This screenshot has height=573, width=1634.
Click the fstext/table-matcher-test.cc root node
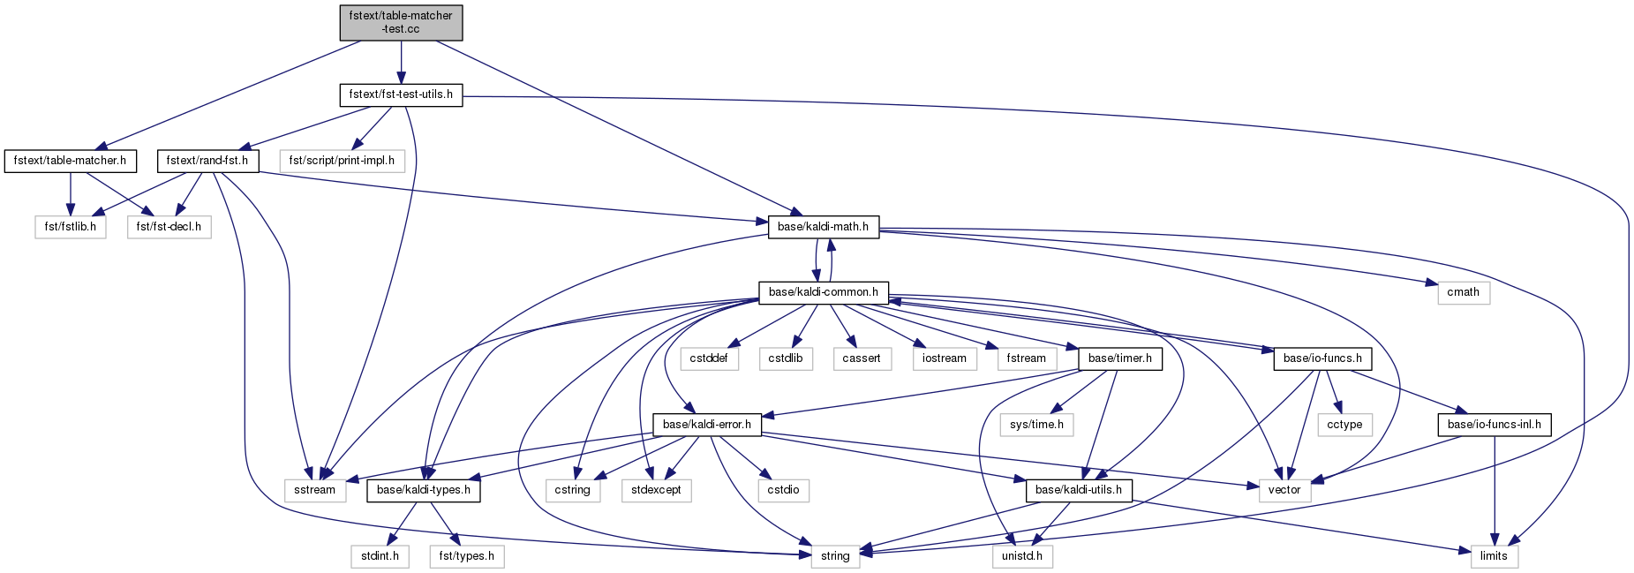click(x=401, y=22)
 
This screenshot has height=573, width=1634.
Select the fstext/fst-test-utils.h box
click(x=401, y=94)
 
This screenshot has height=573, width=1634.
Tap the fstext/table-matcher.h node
click(x=71, y=161)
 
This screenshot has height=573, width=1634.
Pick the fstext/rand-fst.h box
click(x=208, y=161)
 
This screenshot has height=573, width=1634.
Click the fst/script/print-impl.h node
click(x=343, y=161)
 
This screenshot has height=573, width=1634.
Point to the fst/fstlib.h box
click(x=71, y=227)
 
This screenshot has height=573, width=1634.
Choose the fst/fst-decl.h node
click(x=169, y=227)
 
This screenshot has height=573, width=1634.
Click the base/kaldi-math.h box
click(x=823, y=227)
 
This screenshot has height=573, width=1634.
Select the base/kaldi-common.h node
click(x=823, y=292)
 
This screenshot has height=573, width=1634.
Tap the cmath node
click(x=1463, y=292)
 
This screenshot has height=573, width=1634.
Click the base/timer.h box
click(x=1120, y=358)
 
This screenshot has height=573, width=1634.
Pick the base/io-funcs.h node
click(x=1322, y=358)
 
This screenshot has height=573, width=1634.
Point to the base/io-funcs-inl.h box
click(x=1494, y=425)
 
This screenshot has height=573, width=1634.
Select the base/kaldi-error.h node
click(x=706, y=425)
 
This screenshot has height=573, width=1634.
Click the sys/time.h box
click(x=1036, y=425)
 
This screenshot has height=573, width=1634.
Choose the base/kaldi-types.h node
click(x=424, y=490)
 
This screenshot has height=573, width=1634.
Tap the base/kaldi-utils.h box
click(x=1078, y=490)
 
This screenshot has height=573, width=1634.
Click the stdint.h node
click(x=380, y=556)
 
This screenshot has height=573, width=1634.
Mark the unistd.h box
click(x=1021, y=556)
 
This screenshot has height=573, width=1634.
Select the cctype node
click(x=1344, y=425)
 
